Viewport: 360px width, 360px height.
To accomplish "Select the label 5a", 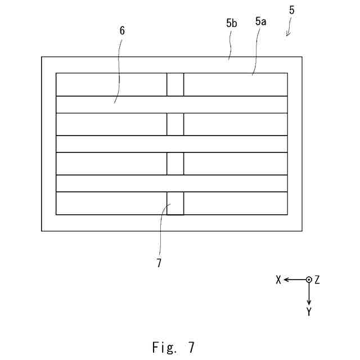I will coord(261,22).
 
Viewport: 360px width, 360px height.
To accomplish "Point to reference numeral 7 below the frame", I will coord(159,263).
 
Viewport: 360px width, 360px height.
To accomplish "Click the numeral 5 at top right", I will coord(291,11).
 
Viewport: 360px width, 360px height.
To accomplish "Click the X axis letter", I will coord(278,280).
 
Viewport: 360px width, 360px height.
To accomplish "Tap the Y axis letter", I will coord(309,311).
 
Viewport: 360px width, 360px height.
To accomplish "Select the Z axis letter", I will coord(317,280).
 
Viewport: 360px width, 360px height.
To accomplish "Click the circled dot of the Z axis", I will coord(308,280).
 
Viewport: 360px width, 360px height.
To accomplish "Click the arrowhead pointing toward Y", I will coord(308,301).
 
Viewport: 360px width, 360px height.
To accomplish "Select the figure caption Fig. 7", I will coord(173,347).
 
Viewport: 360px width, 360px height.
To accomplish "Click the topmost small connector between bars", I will coord(175,84).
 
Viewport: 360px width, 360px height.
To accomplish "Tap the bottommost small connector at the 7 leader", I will coord(175,203).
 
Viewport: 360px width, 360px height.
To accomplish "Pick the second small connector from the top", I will coord(175,124).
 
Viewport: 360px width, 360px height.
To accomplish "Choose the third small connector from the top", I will coord(175,164).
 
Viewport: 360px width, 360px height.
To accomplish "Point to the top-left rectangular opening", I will coord(111,84).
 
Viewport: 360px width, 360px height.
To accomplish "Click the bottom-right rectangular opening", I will coord(235,203).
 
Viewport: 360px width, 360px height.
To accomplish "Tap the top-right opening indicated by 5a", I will coord(235,84).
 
